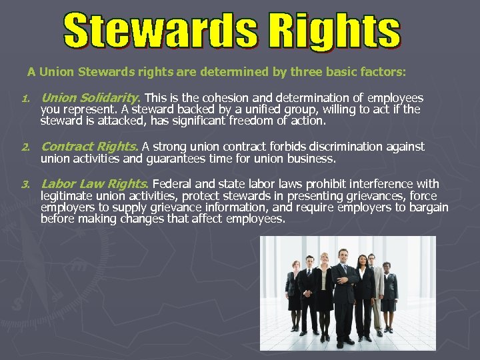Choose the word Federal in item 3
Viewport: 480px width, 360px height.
pos(173,183)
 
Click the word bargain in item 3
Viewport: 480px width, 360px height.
pos(429,207)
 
